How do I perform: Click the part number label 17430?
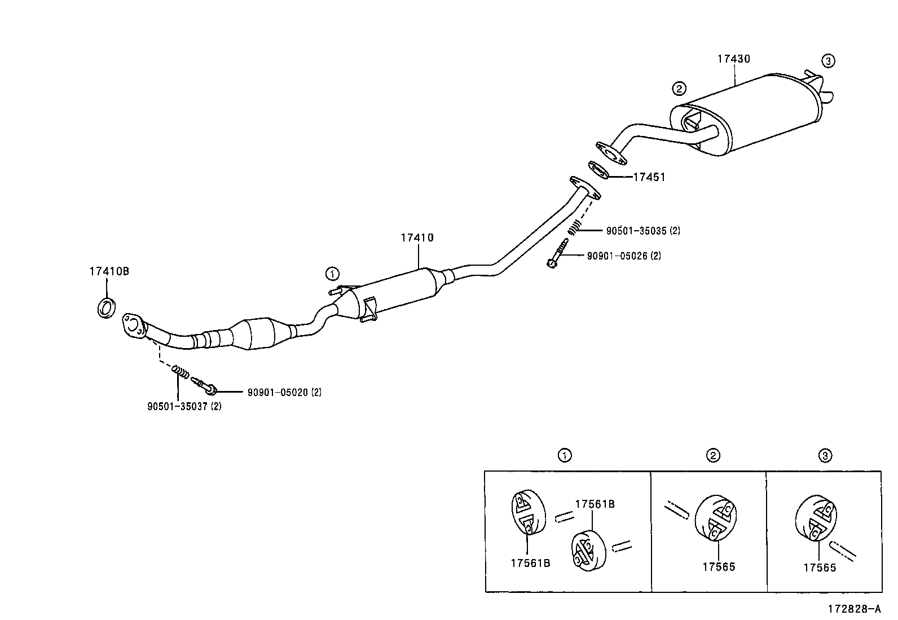(734, 59)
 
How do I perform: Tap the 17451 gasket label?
(649, 177)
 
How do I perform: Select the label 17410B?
(109, 271)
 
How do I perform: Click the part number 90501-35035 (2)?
(643, 231)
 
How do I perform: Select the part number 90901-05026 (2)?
(624, 256)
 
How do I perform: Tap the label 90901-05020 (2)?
(284, 392)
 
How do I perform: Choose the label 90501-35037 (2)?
(184, 406)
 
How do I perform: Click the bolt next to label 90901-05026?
(557, 254)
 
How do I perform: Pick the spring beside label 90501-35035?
(573, 227)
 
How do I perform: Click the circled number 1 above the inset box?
(564, 455)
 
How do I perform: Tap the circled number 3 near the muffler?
(827, 61)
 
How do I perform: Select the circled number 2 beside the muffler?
(679, 89)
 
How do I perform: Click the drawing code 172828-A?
(853, 609)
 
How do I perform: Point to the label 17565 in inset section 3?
(820, 568)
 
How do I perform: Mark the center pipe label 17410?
(417, 238)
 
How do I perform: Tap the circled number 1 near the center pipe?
(333, 274)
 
